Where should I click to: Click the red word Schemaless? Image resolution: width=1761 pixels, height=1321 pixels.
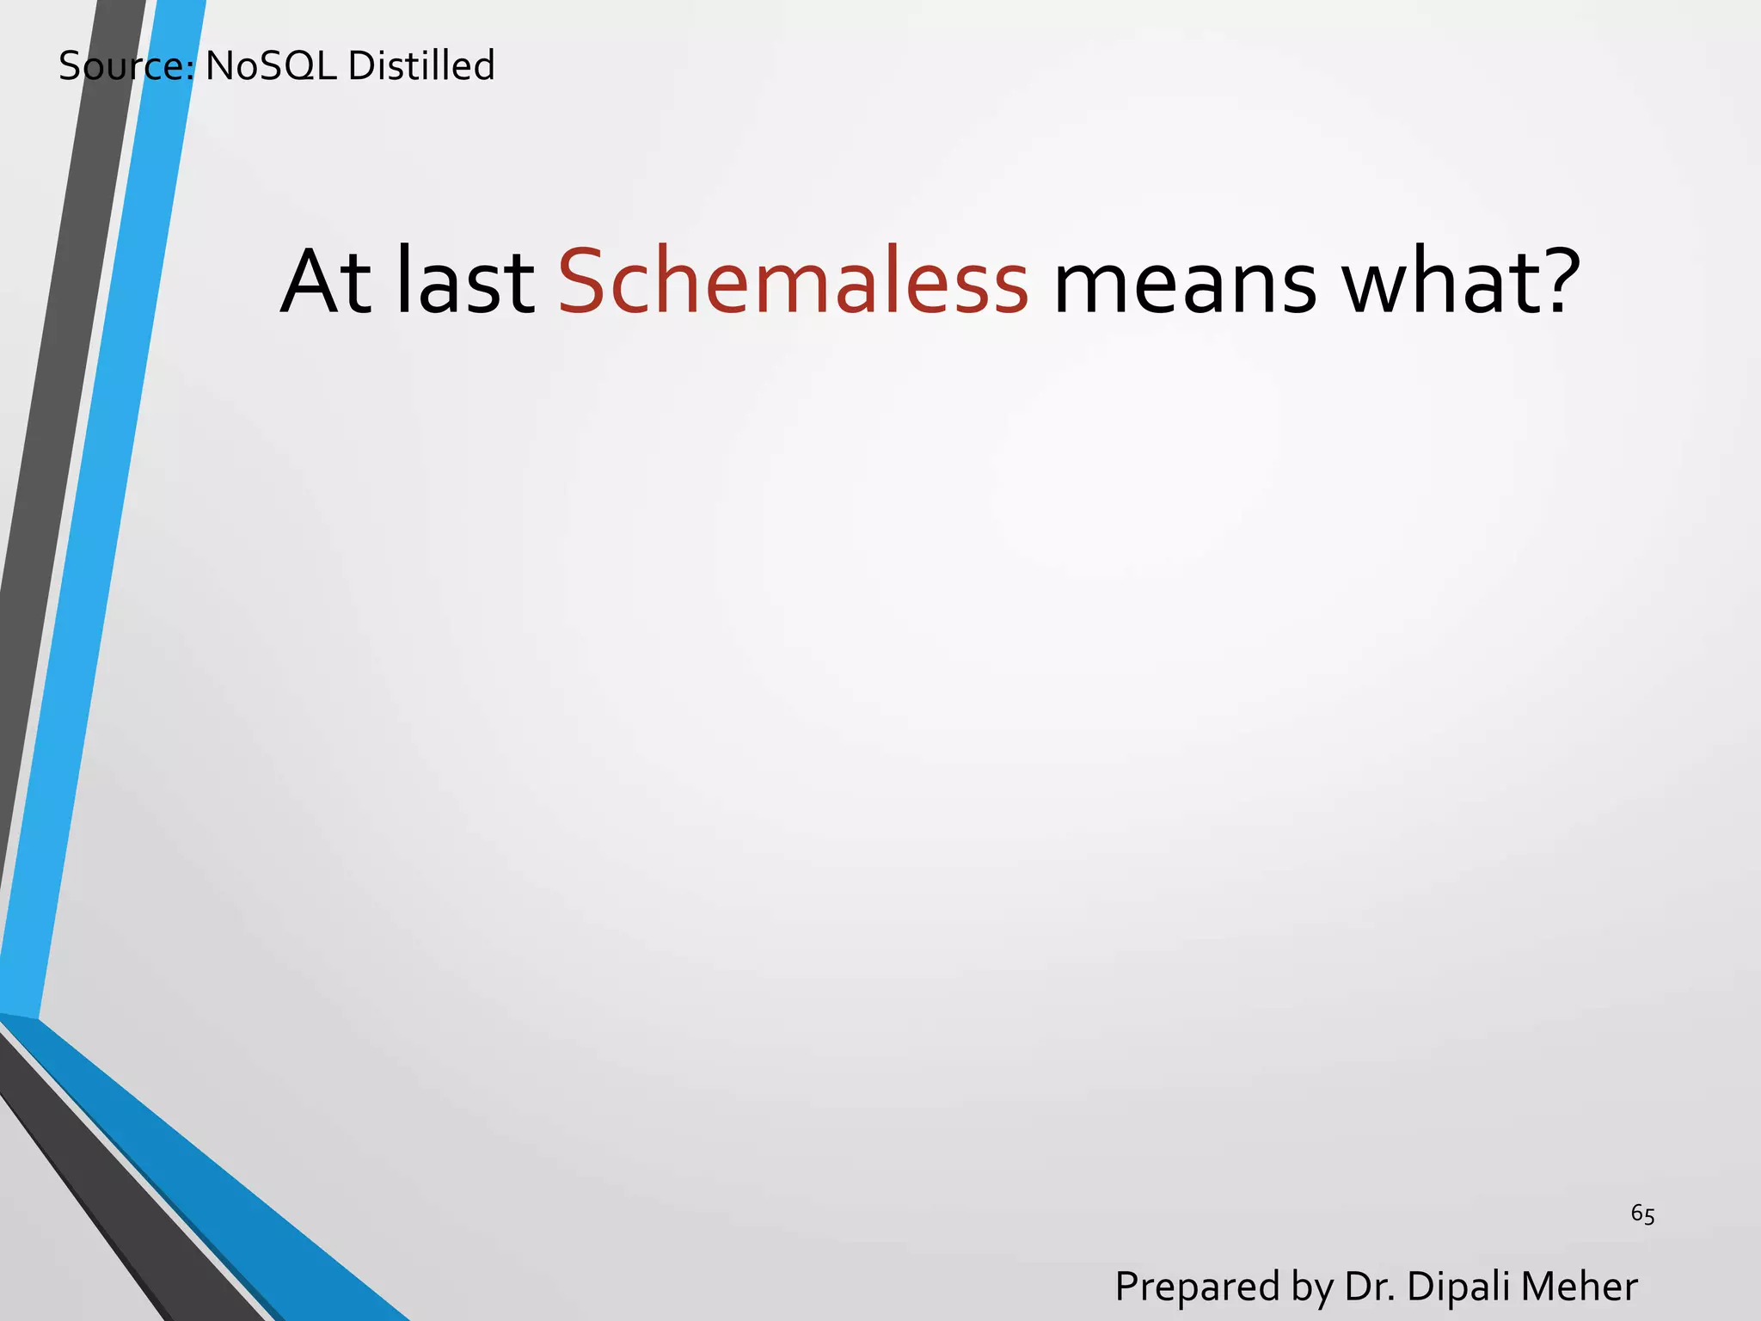(x=793, y=282)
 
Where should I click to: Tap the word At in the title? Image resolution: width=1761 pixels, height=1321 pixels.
(x=326, y=282)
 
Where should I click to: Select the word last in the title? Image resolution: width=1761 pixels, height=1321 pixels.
(x=465, y=282)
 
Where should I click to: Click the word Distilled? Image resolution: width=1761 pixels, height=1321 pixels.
(x=421, y=66)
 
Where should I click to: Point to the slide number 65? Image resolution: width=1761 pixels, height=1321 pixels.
(x=1642, y=1214)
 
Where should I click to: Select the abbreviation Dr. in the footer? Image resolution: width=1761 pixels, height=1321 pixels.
(x=1370, y=1287)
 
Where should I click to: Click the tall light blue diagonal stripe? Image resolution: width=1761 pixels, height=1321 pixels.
(x=103, y=516)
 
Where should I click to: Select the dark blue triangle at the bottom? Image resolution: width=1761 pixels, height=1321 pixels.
(x=215, y=1204)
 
